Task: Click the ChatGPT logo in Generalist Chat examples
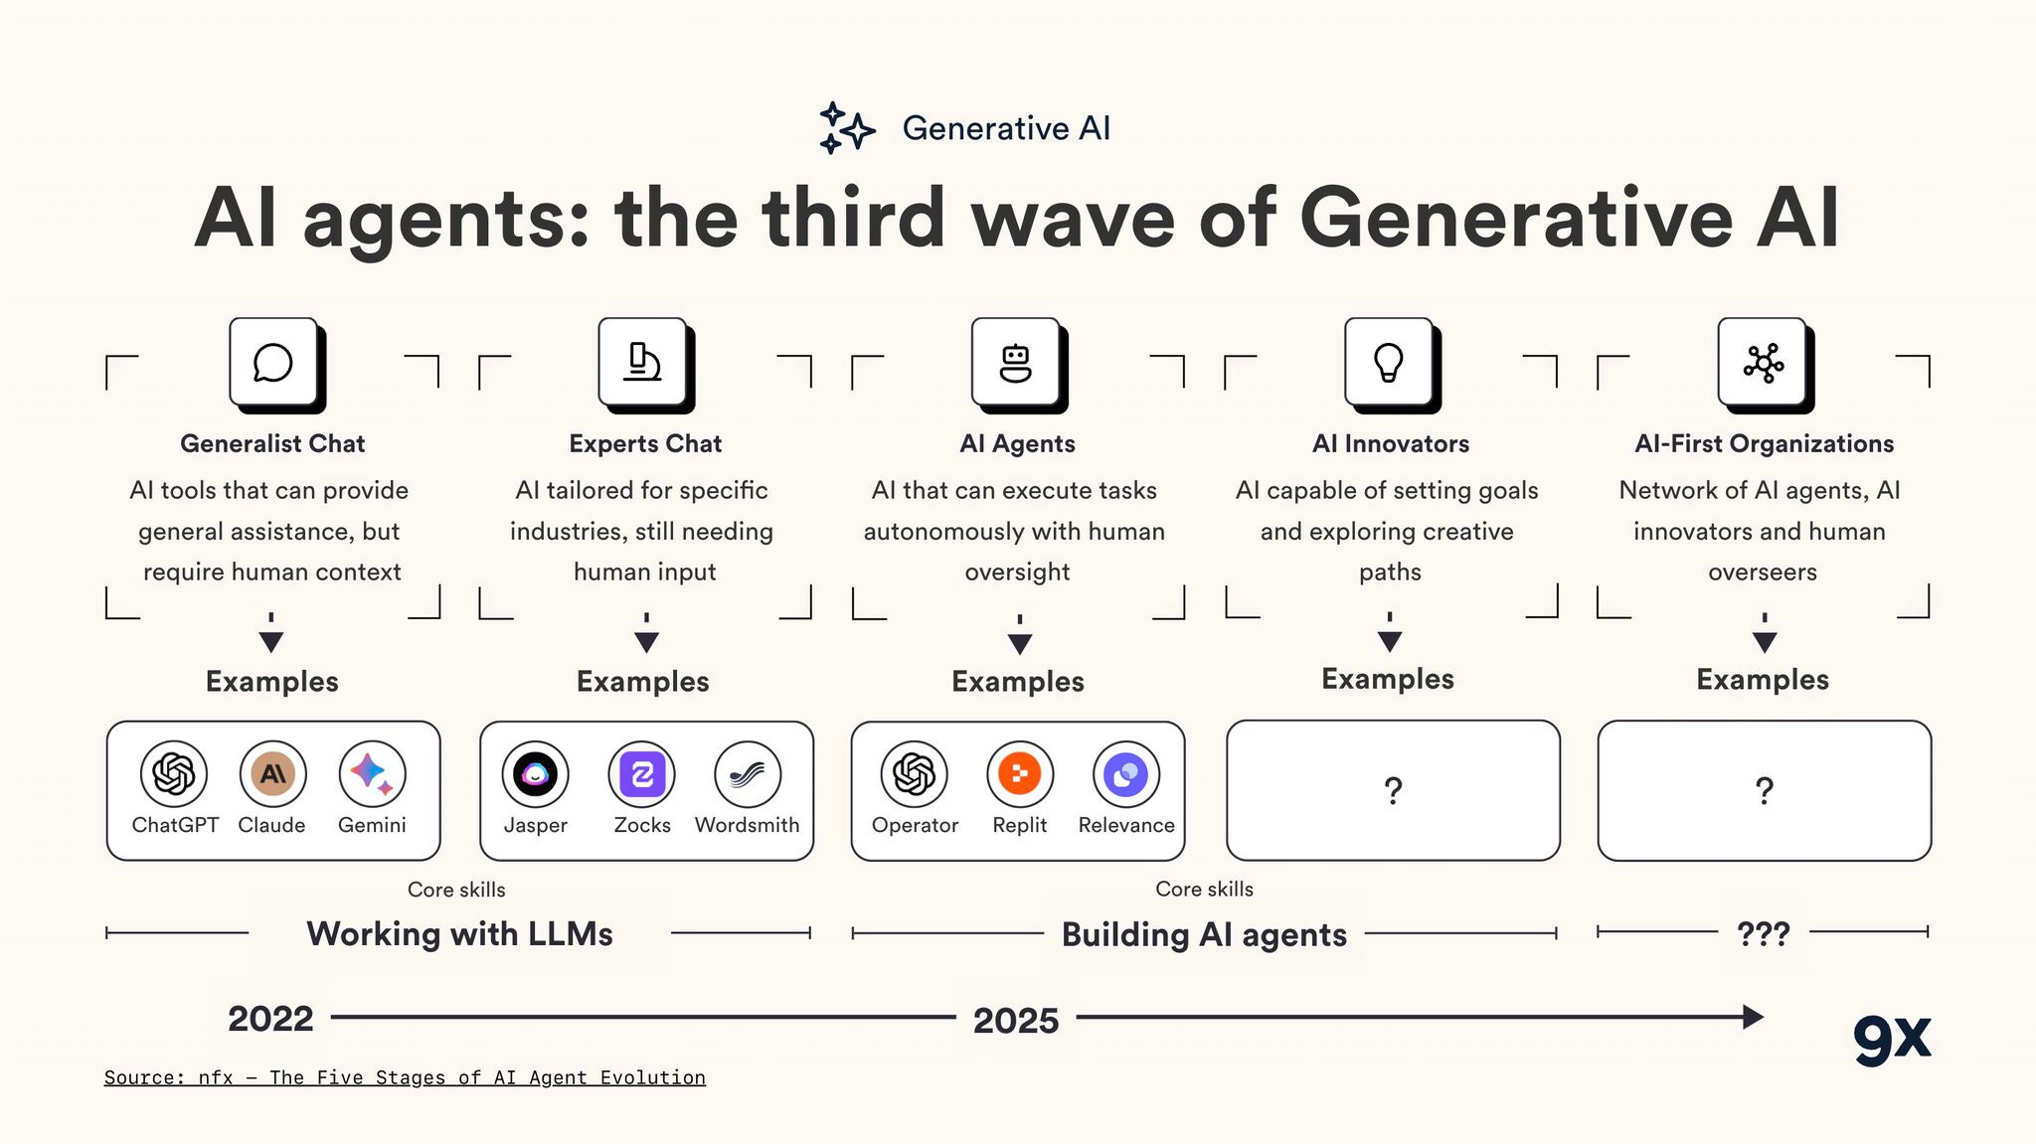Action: pyautogui.click(x=174, y=773)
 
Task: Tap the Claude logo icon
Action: pyautogui.click(x=272, y=773)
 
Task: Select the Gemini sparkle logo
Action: pyautogui.click(x=372, y=773)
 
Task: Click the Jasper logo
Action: pyautogui.click(x=535, y=774)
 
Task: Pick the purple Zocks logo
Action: pyautogui.click(x=641, y=774)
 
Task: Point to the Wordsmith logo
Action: pyautogui.click(x=748, y=774)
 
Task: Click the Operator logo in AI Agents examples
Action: pyautogui.click(x=914, y=774)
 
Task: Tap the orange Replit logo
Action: pyautogui.click(x=1019, y=774)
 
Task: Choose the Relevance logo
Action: pyautogui.click(x=1125, y=774)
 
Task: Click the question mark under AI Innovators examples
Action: pyautogui.click(x=1393, y=791)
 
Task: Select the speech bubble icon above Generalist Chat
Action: pyautogui.click(x=272, y=363)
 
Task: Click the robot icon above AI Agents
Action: pyautogui.click(x=1015, y=363)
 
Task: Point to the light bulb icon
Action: pyautogui.click(x=1388, y=363)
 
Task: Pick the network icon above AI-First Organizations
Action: pyautogui.click(x=1763, y=363)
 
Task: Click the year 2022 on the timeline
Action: pyautogui.click(x=270, y=1019)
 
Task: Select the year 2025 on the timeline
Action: pyautogui.click(x=1016, y=1021)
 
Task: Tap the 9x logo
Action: pyautogui.click(x=1892, y=1039)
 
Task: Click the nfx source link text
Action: pyautogui.click(x=405, y=1077)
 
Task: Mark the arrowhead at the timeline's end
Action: pyautogui.click(x=1753, y=1017)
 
